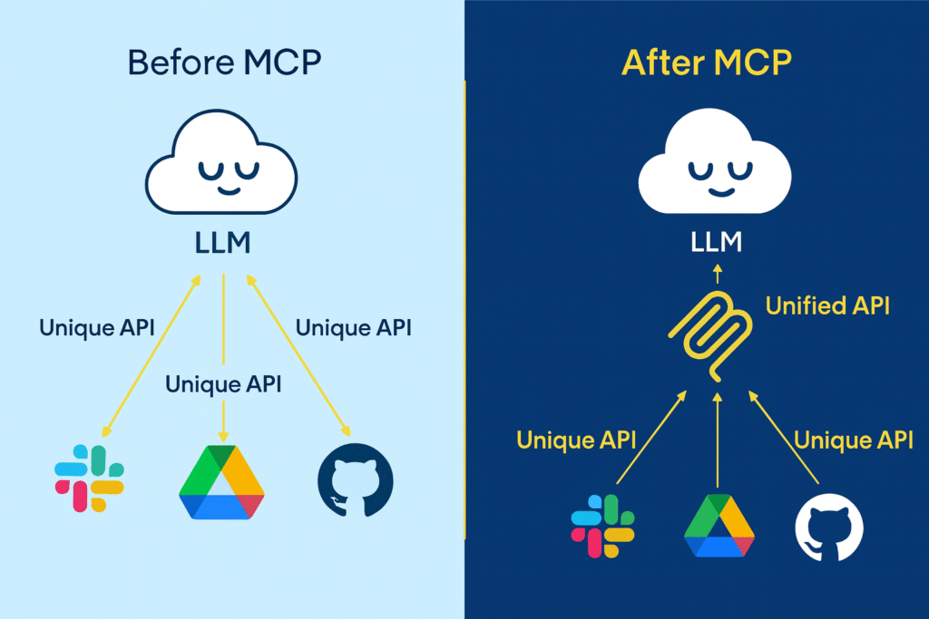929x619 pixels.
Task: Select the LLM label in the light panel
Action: pyautogui.click(x=223, y=243)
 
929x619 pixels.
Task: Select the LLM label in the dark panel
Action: pyautogui.click(x=717, y=242)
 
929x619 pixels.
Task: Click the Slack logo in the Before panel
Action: pyautogui.click(x=89, y=479)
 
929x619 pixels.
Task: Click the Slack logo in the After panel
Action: pyautogui.click(x=601, y=527)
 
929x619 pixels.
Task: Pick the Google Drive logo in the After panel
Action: pyautogui.click(x=719, y=527)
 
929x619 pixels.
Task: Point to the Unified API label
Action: pyautogui.click(x=827, y=305)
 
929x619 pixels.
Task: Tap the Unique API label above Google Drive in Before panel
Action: pyautogui.click(x=223, y=383)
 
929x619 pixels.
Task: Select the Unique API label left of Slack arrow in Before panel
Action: pyautogui.click(x=96, y=327)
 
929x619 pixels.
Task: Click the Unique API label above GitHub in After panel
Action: pyautogui.click(x=853, y=440)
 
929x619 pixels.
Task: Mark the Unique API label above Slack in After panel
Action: pyautogui.click(x=575, y=440)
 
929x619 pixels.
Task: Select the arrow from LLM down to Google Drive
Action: pyautogui.click(x=223, y=353)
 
